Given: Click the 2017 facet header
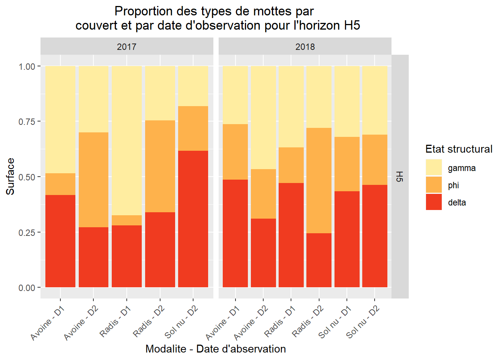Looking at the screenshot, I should (127, 47).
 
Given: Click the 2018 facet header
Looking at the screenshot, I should (305, 47).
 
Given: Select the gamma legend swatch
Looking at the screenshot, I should (433, 168).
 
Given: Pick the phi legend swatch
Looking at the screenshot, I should (433, 185).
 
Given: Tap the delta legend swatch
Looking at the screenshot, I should (433, 202).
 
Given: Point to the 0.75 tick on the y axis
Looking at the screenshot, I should (27, 121).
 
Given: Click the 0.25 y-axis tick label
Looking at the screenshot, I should (27, 232).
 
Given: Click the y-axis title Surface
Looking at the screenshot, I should (10, 176).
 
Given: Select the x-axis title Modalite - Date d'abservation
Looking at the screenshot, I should (216, 349).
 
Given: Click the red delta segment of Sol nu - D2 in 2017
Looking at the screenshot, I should (193, 219).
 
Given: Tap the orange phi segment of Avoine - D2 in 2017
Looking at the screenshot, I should (93, 180).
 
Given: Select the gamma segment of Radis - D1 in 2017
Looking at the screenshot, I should (127, 141).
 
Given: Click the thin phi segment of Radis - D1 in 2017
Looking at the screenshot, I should (127, 220).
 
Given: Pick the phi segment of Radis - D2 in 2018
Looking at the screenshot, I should (319, 180).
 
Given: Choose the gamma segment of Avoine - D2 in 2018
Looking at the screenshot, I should (263, 117).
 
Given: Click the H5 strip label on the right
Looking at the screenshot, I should (400, 176).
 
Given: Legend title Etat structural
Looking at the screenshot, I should (459, 149).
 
